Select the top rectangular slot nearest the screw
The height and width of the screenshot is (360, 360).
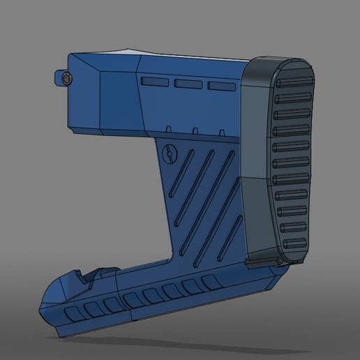point(154,82)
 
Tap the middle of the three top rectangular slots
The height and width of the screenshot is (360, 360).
point(188,84)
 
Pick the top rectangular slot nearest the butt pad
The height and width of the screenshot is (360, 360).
point(220,86)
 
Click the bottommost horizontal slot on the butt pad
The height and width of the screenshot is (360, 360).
point(294,243)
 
